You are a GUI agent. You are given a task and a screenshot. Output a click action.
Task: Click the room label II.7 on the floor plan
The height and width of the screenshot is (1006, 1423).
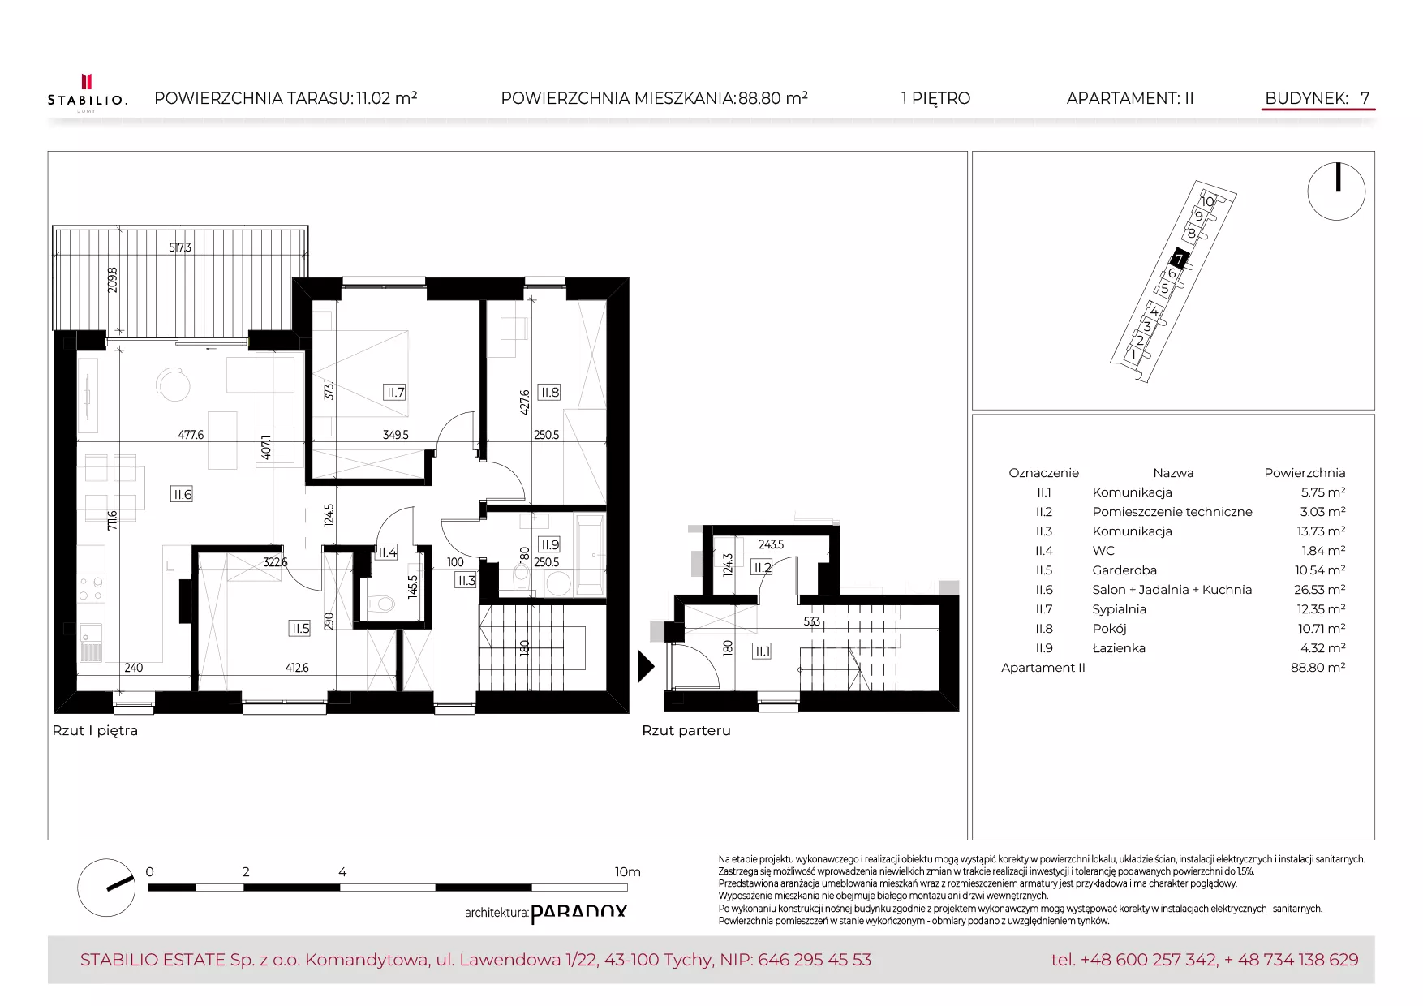pos(394,392)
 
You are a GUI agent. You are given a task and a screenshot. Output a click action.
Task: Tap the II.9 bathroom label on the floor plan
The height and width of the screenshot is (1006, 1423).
pos(549,544)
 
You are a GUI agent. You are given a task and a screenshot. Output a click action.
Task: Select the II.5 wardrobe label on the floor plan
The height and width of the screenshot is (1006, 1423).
pos(300,628)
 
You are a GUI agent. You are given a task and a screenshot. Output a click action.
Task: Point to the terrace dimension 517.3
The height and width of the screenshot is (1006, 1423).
pos(180,247)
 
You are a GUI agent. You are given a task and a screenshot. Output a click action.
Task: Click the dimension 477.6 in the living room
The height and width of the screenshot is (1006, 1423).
pos(191,435)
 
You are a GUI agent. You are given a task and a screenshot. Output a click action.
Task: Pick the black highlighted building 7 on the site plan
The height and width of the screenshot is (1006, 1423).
pos(1179,260)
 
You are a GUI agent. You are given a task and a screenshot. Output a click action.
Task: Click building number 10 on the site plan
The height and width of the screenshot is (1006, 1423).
pos(1207,201)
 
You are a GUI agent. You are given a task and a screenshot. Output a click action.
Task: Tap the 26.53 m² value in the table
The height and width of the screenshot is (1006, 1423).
pos(1320,590)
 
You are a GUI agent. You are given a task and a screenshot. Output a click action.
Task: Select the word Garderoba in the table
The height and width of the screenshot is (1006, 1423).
pos(1124,570)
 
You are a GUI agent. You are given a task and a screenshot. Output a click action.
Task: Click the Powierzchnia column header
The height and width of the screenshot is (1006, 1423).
pos(1305,473)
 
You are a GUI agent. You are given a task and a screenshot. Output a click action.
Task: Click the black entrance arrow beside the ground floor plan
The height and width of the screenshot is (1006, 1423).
pos(646,666)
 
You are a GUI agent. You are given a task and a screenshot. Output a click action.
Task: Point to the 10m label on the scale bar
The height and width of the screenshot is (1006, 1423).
pos(627,872)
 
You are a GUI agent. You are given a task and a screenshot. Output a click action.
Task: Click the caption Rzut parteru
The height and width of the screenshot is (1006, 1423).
pos(686,730)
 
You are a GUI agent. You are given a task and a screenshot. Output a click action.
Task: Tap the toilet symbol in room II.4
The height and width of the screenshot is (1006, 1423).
pos(380,603)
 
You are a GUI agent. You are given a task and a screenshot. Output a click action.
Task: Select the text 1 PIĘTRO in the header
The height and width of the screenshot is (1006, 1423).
pos(935,98)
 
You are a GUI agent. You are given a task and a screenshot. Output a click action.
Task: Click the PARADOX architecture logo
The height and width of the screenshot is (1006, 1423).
pos(578,914)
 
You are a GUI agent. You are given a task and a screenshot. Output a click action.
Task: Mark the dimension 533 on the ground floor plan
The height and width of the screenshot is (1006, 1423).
pos(812,622)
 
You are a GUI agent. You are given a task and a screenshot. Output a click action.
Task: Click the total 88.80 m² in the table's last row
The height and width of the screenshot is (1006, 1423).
pos(1318,668)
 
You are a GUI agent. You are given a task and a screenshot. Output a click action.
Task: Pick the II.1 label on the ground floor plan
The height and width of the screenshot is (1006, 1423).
pos(762,651)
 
